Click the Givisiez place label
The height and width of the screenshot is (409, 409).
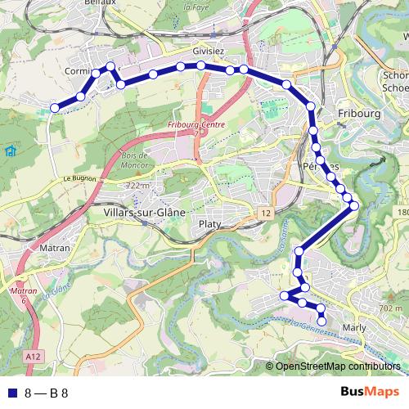(x=209, y=49)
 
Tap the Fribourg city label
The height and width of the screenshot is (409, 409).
(x=359, y=114)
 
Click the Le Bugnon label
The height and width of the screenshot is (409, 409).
(x=79, y=178)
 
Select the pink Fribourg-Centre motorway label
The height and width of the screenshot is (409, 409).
(x=196, y=124)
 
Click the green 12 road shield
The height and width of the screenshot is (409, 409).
(x=267, y=213)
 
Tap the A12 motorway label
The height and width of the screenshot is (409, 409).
(x=34, y=357)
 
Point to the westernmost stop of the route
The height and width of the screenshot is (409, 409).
(x=55, y=107)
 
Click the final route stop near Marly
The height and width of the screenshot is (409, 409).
(x=321, y=321)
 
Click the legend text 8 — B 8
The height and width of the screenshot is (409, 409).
(x=47, y=393)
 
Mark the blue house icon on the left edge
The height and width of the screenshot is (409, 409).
(x=9, y=151)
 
